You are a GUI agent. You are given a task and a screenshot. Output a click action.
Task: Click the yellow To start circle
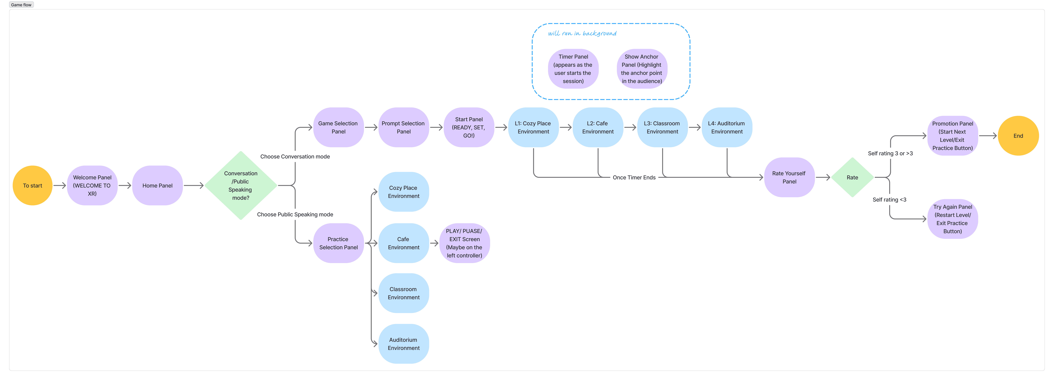pos(33,185)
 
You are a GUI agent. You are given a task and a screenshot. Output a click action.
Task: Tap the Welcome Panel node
pos(92,185)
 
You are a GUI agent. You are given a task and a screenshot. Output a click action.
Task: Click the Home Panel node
pos(158,185)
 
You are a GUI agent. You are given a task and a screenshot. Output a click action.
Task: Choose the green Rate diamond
pos(852,177)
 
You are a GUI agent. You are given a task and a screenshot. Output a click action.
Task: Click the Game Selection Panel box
pos(338,127)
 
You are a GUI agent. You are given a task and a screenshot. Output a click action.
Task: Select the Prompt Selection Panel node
pos(403,127)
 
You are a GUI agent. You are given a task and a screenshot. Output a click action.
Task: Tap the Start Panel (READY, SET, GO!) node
pos(469,127)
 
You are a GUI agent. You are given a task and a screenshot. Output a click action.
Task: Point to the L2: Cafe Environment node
pos(598,127)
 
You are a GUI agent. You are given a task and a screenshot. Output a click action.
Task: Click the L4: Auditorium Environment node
pos(727,127)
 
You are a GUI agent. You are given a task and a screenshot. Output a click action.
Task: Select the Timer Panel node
pos(573,69)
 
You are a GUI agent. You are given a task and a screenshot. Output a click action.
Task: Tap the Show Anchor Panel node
pos(642,69)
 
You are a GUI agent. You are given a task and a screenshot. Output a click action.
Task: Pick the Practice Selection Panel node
pos(338,243)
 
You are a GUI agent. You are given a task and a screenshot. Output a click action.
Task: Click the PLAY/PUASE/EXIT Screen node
pos(464,243)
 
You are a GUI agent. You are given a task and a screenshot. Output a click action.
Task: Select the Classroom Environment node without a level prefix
pos(403,293)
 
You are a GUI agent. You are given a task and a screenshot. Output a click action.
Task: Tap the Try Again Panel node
pos(953,219)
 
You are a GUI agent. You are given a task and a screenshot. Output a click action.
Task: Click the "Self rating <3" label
pos(889,200)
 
